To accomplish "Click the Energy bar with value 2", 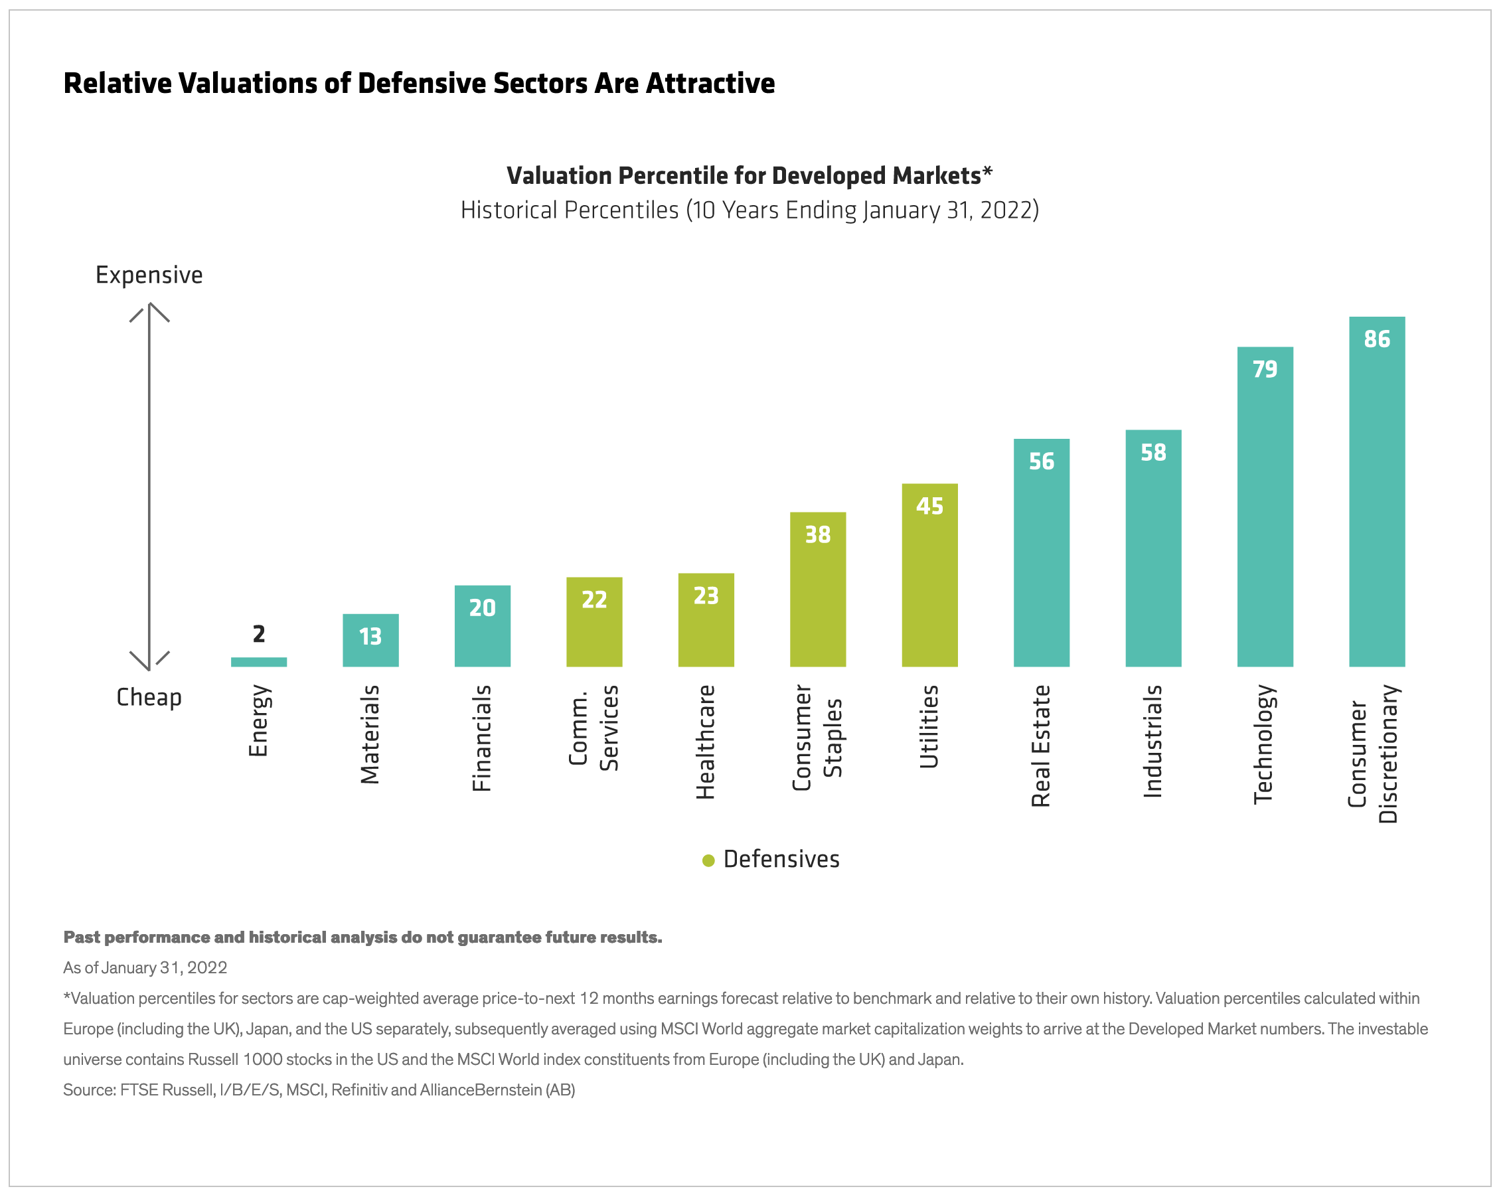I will [259, 661].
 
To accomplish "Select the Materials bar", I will [370, 640].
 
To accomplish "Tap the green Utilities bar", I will [929, 575].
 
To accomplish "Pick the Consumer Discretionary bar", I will [1376, 491].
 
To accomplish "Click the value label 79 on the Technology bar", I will [1265, 368].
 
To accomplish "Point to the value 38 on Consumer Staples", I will [817, 535].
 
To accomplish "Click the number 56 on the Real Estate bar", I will [1041, 461].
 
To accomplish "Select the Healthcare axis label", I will [705, 742].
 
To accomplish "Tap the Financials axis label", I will [481, 738].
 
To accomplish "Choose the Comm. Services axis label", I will [594, 727].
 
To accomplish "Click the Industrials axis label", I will [1152, 741].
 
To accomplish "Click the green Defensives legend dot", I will [708, 860].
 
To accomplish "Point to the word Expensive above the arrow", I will [149, 275].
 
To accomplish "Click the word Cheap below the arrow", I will [149, 697].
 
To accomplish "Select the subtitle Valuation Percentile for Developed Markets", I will [749, 175].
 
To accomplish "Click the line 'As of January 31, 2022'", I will [145, 967].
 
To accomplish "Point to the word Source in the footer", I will [88, 1090].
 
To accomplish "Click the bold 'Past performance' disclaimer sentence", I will [362, 937].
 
